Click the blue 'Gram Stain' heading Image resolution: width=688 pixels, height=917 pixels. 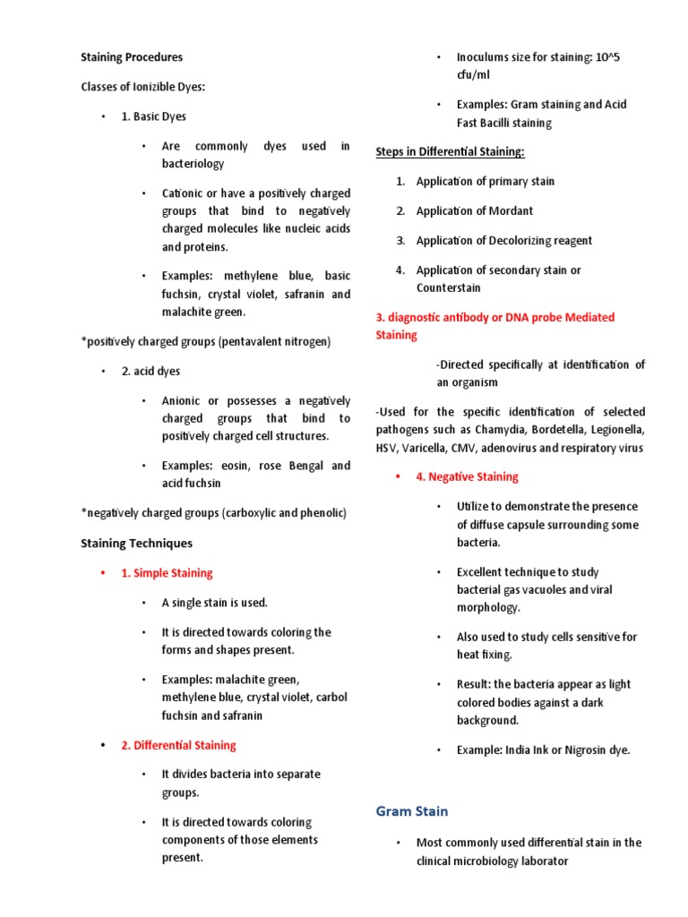(412, 811)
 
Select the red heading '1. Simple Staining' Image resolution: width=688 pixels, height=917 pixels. (167, 573)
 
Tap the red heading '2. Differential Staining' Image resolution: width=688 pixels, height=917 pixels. (178, 745)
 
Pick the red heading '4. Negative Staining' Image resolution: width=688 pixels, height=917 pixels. (467, 477)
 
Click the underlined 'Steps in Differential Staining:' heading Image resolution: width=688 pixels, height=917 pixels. (450, 152)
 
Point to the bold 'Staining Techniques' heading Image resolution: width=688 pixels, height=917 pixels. (136, 544)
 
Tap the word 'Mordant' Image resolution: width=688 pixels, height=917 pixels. (511, 211)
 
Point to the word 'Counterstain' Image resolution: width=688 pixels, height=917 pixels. (448, 288)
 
